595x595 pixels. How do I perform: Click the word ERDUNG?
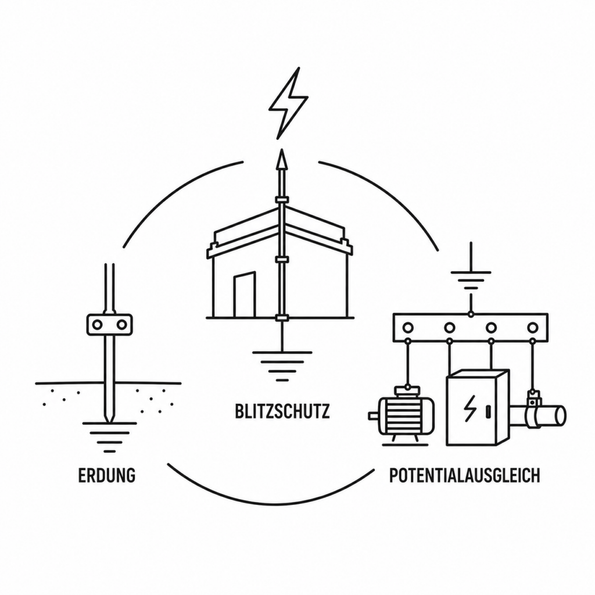click(107, 475)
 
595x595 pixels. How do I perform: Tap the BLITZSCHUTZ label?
click(282, 411)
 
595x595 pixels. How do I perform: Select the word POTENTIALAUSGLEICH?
click(465, 475)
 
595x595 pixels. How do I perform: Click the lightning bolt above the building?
click(288, 103)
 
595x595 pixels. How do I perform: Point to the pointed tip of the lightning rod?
click(282, 149)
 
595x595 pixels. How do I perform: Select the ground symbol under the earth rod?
click(110, 437)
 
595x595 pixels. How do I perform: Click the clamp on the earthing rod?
click(110, 324)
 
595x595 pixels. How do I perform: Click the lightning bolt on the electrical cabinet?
click(469, 408)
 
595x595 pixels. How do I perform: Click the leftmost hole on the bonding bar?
click(408, 327)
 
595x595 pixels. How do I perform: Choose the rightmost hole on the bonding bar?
click(533, 327)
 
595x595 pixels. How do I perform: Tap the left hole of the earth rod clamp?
click(98, 325)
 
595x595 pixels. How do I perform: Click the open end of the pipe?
click(561, 415)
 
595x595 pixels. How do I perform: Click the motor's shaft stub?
click(374, 415)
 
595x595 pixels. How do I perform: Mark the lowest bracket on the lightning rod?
click(282, 318)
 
